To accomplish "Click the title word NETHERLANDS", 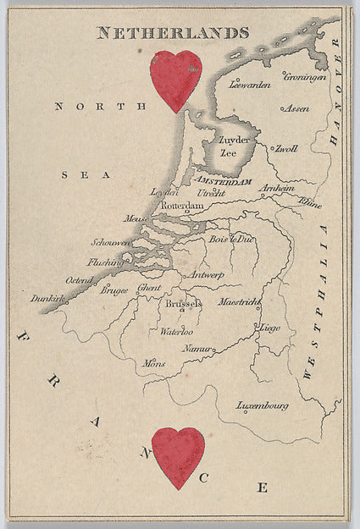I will (x=173, y=33).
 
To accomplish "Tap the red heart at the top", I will (x=175, y=80).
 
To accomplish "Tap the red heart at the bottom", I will (x=178, y=456).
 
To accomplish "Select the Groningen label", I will (x=305, y=76).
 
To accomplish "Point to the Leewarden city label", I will (x=250, y=85).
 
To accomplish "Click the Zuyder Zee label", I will (x=233, y=146).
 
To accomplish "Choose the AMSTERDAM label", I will (x=224, y=181).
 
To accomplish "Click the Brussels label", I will (x=184, y=303).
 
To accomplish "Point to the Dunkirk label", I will (x=47, y=299).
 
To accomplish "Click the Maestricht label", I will (x=240, y=301).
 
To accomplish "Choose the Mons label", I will (x=154, y=363).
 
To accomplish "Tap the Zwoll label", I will (x=285, y=149).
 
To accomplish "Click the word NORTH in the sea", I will (x=89, y=106).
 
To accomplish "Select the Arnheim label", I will (x=276, y=189).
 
